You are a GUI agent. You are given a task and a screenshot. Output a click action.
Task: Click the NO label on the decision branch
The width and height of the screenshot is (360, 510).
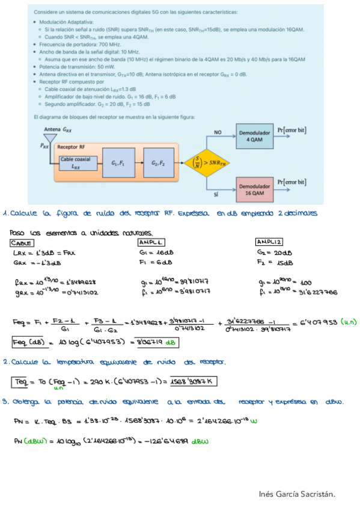click(x=218, y=132)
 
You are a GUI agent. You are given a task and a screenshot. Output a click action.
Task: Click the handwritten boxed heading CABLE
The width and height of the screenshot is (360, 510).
click(x=22, y=242)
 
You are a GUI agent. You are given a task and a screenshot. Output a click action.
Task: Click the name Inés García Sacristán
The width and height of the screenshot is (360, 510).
click(x=296, y=494)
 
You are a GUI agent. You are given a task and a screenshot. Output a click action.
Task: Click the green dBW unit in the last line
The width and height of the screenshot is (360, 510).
click(x=201, y=443)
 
